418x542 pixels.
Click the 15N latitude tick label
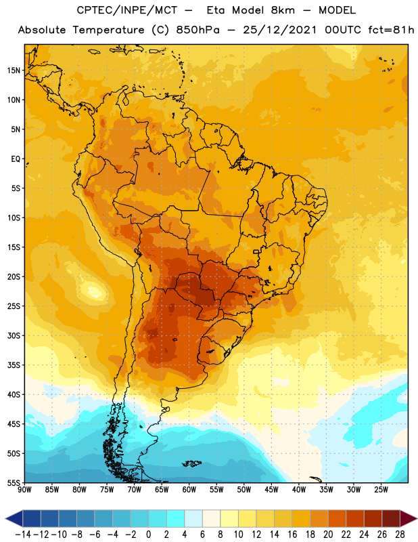tap(14, 70)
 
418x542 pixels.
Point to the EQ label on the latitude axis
tap(16, 159)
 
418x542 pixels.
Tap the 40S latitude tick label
tap(14, 394)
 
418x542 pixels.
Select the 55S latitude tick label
tap(14, 482)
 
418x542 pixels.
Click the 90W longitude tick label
tap(24, 490)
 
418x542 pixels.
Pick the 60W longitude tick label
tap(189, 490)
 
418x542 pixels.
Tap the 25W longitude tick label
tap(381, 490)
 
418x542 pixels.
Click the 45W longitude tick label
tap(271, 490)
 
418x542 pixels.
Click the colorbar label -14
tap(23, 535)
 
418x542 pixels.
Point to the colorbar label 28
tap(400, 535)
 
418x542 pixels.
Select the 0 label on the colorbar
tap(148, 535)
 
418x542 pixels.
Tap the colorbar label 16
tap(292, 535)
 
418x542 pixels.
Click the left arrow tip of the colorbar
tap(5, 518)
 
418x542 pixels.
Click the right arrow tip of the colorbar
tap(417, 518)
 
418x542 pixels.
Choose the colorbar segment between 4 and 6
tap(193, 518)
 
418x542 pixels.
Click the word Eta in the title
tap(216, 10)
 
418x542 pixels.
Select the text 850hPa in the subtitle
tap(198, 30)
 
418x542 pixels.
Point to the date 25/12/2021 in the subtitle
tap(279, 30)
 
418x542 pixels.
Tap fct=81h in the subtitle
tap(391, 30)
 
